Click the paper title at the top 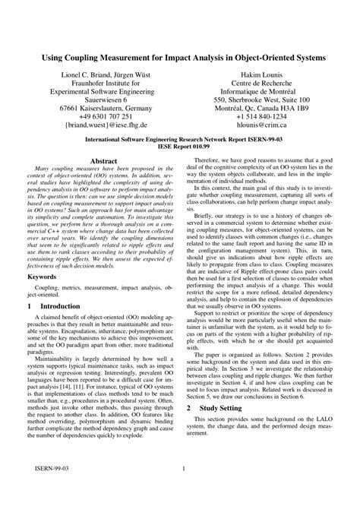(180, 58)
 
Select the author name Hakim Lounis (261, 77)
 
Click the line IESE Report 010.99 (180, 148)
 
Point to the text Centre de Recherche (261, 87)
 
